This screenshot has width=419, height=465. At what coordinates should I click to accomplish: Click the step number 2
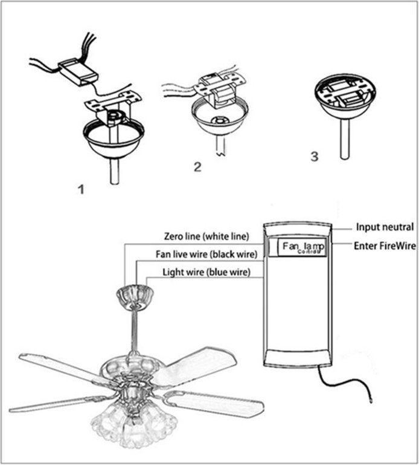click(197, 167)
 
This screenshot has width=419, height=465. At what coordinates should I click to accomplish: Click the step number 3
click(313, 157)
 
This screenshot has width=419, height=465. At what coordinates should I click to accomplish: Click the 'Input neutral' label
click(385, 227)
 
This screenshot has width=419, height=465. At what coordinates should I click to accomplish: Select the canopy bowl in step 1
click(114, 138)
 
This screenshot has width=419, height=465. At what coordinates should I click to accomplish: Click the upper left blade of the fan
click(60, 367)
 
